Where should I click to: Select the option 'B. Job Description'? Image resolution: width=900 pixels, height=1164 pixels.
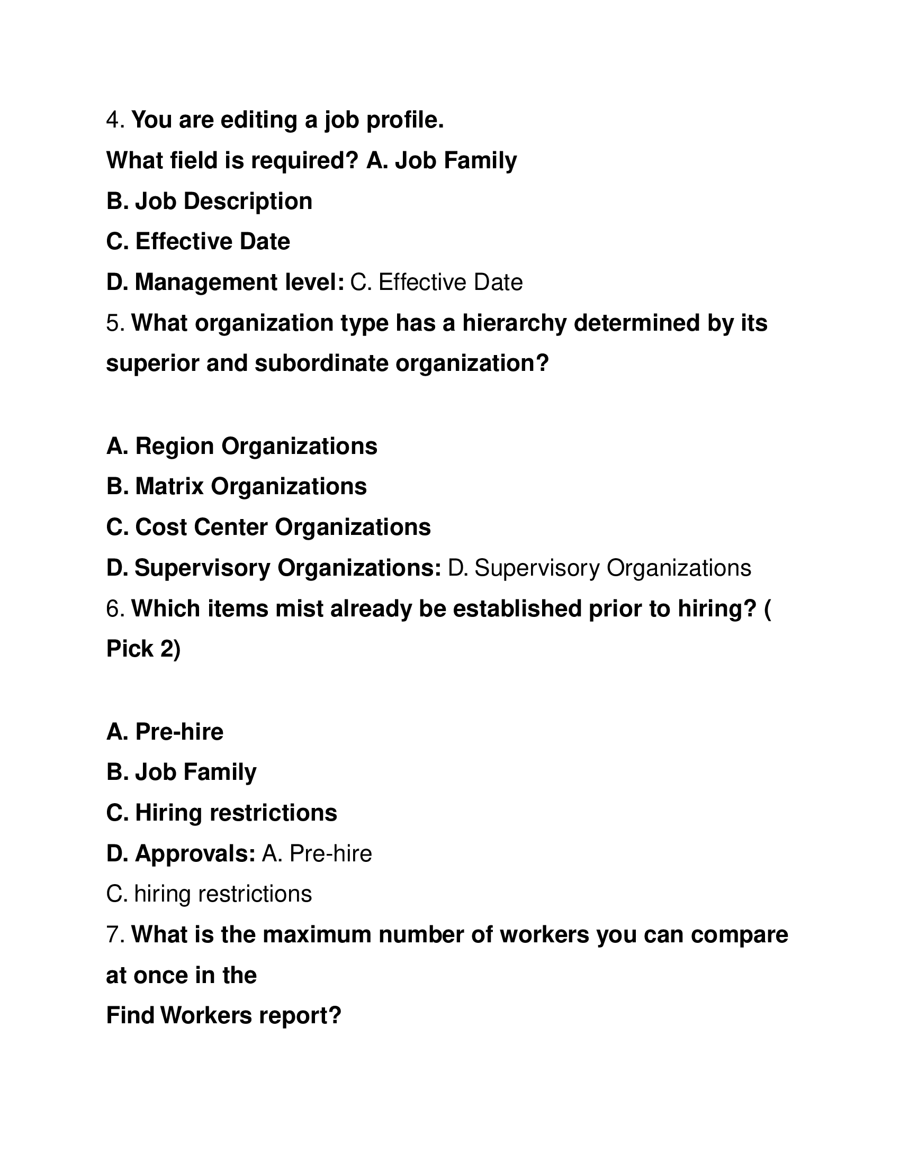tap(209, 202)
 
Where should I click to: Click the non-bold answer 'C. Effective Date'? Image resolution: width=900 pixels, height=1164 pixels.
tap(436, 283)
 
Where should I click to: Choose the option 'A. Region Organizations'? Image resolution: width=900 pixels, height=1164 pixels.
tap(241, 446)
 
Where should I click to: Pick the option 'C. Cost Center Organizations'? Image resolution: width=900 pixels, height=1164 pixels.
tap(268, 527)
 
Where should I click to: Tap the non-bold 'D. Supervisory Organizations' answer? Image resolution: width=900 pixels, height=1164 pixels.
tap(599, 568)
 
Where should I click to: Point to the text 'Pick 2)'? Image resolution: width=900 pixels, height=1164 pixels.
tap(143, 649)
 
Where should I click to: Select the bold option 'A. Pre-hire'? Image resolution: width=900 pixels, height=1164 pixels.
tap(165, 732)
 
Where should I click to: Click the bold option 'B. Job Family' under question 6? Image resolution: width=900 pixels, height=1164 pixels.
tap(181, 772)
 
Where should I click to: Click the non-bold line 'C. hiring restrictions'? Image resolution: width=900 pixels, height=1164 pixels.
tap(209, 894)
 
